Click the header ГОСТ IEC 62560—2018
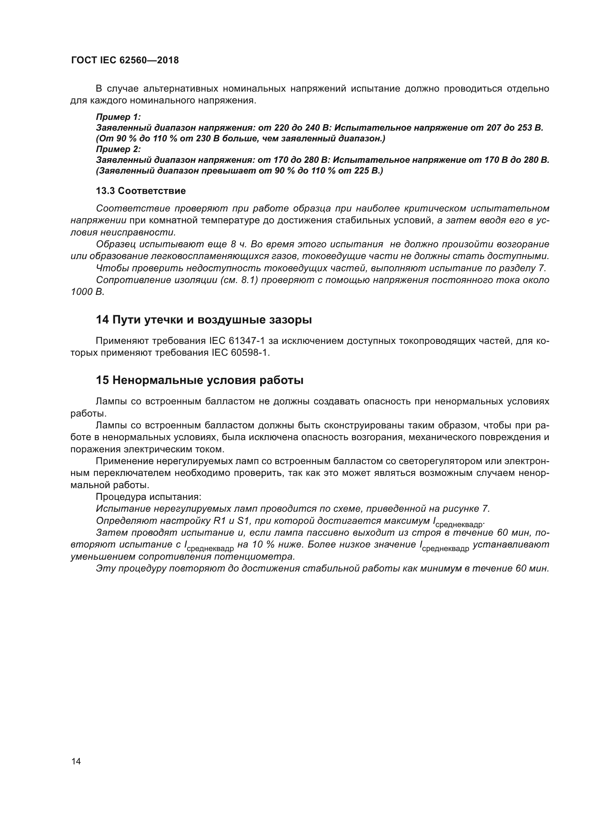tap(125, 60)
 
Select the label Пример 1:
tap(118, 117)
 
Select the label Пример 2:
tap(118, 149)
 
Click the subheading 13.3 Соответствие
tap(141, 191)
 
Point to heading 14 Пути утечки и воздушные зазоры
tap(204, 320)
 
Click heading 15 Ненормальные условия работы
tap(199, 380)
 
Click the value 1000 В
tap(87, 292)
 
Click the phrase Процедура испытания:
tap(149, 497)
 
